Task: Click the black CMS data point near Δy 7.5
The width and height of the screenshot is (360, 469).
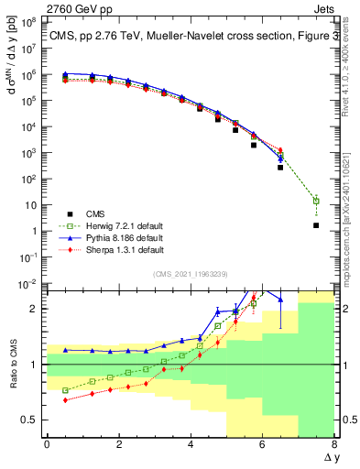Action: pos(316,225)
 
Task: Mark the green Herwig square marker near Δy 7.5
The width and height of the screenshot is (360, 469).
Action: pos(316,201)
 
